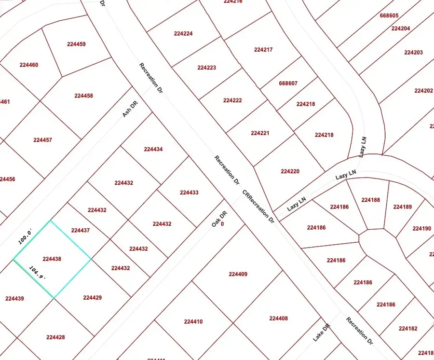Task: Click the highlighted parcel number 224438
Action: click(x=52, y=259)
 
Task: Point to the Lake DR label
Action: click(x=321, y=332)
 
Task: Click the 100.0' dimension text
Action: click(x=25, y=237)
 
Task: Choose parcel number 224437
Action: click(x=81, y=231)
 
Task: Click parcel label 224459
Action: click(x=77, y=44)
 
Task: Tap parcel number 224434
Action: click(x=153, y=150)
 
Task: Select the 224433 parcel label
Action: click(x=189, y=193)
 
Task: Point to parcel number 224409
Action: click(x=238, y=274)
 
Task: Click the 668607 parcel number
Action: click(x=288, y=83)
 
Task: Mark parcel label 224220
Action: click(x=290, y=171)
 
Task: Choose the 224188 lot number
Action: click(x=370, y=200)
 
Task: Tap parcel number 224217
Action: click(x=263, y=50)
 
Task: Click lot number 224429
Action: click(x=93, y=298)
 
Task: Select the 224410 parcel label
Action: click(x=193, y=321)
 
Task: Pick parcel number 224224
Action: click(x=183, y=34)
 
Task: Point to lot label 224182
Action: click(x=408, y=329)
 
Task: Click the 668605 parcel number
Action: click(x=389, y=16)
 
